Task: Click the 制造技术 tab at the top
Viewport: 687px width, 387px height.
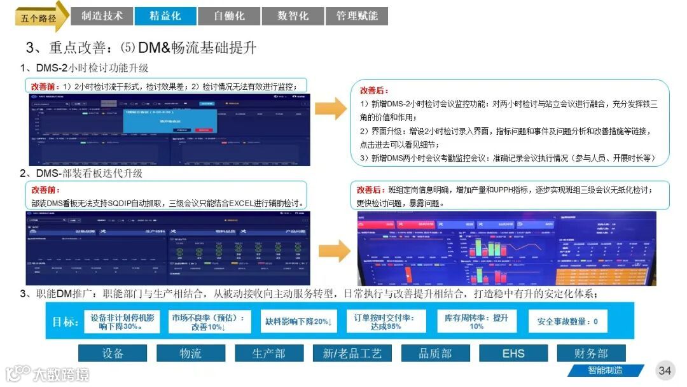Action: [102, 16]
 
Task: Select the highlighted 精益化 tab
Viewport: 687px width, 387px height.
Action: [165, 16]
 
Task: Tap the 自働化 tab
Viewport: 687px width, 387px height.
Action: [229, 16]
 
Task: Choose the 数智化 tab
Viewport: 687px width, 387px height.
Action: [293, 16]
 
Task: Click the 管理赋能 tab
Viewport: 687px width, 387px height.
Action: [356, 16]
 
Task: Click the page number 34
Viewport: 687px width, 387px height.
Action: [665, 370]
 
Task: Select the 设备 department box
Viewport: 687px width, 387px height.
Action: [113, 353]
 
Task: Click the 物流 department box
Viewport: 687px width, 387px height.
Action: [190, 353]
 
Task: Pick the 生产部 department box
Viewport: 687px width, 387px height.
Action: [268, 353]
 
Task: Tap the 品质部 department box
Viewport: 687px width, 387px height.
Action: [435, 353]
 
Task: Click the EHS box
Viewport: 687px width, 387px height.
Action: [513, 353]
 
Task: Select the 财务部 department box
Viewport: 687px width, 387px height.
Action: [591, 353]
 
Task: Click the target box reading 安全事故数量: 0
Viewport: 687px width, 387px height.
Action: [567, 321]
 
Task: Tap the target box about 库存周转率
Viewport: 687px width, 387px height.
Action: [477, 321]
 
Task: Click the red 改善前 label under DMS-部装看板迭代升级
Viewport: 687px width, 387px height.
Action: [46, 190]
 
